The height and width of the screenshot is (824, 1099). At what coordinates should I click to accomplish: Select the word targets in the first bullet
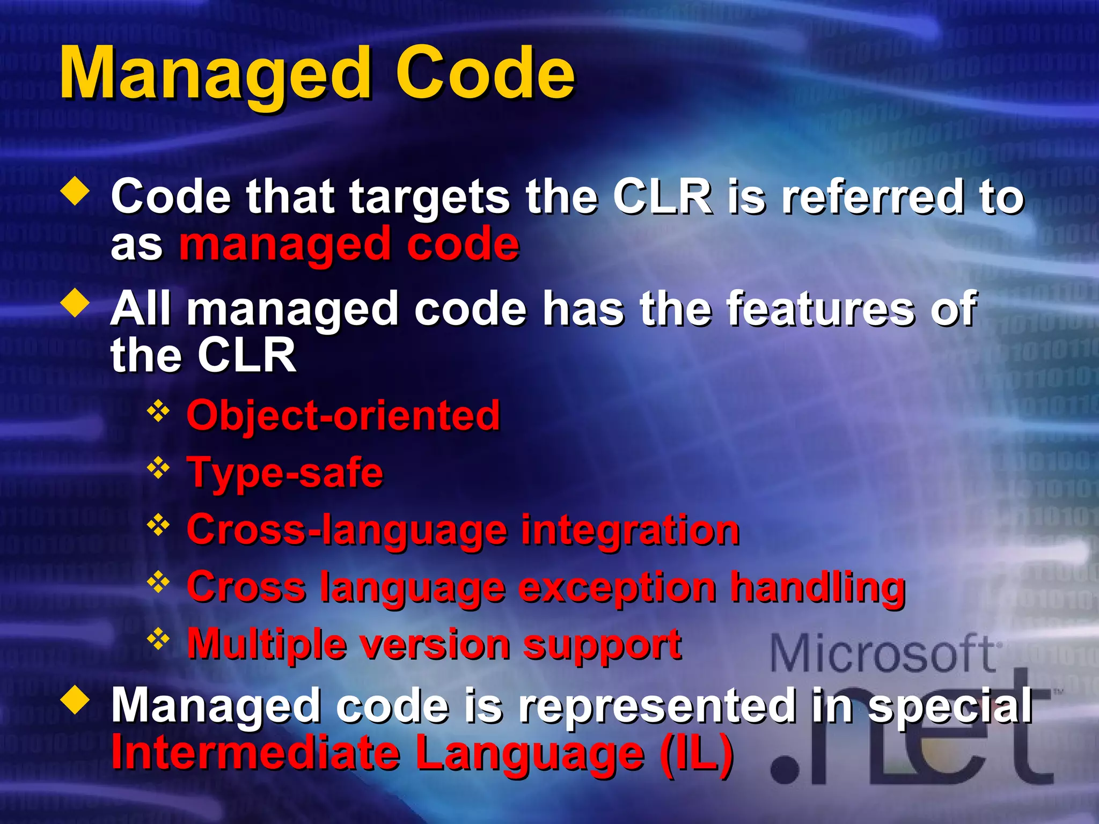click(429, 197)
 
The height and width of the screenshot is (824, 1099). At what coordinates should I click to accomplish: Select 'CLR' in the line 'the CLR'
click(247, 355)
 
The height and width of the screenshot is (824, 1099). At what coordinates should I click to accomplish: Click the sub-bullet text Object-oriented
click(343, 416)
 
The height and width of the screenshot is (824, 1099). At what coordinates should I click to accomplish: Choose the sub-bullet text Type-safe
click(285, 473)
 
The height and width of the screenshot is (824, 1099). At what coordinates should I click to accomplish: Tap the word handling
click(818, 587)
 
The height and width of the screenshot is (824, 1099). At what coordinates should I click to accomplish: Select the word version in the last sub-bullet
click(435, 644)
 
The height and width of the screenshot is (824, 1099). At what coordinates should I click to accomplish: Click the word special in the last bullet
click(950, 707)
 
